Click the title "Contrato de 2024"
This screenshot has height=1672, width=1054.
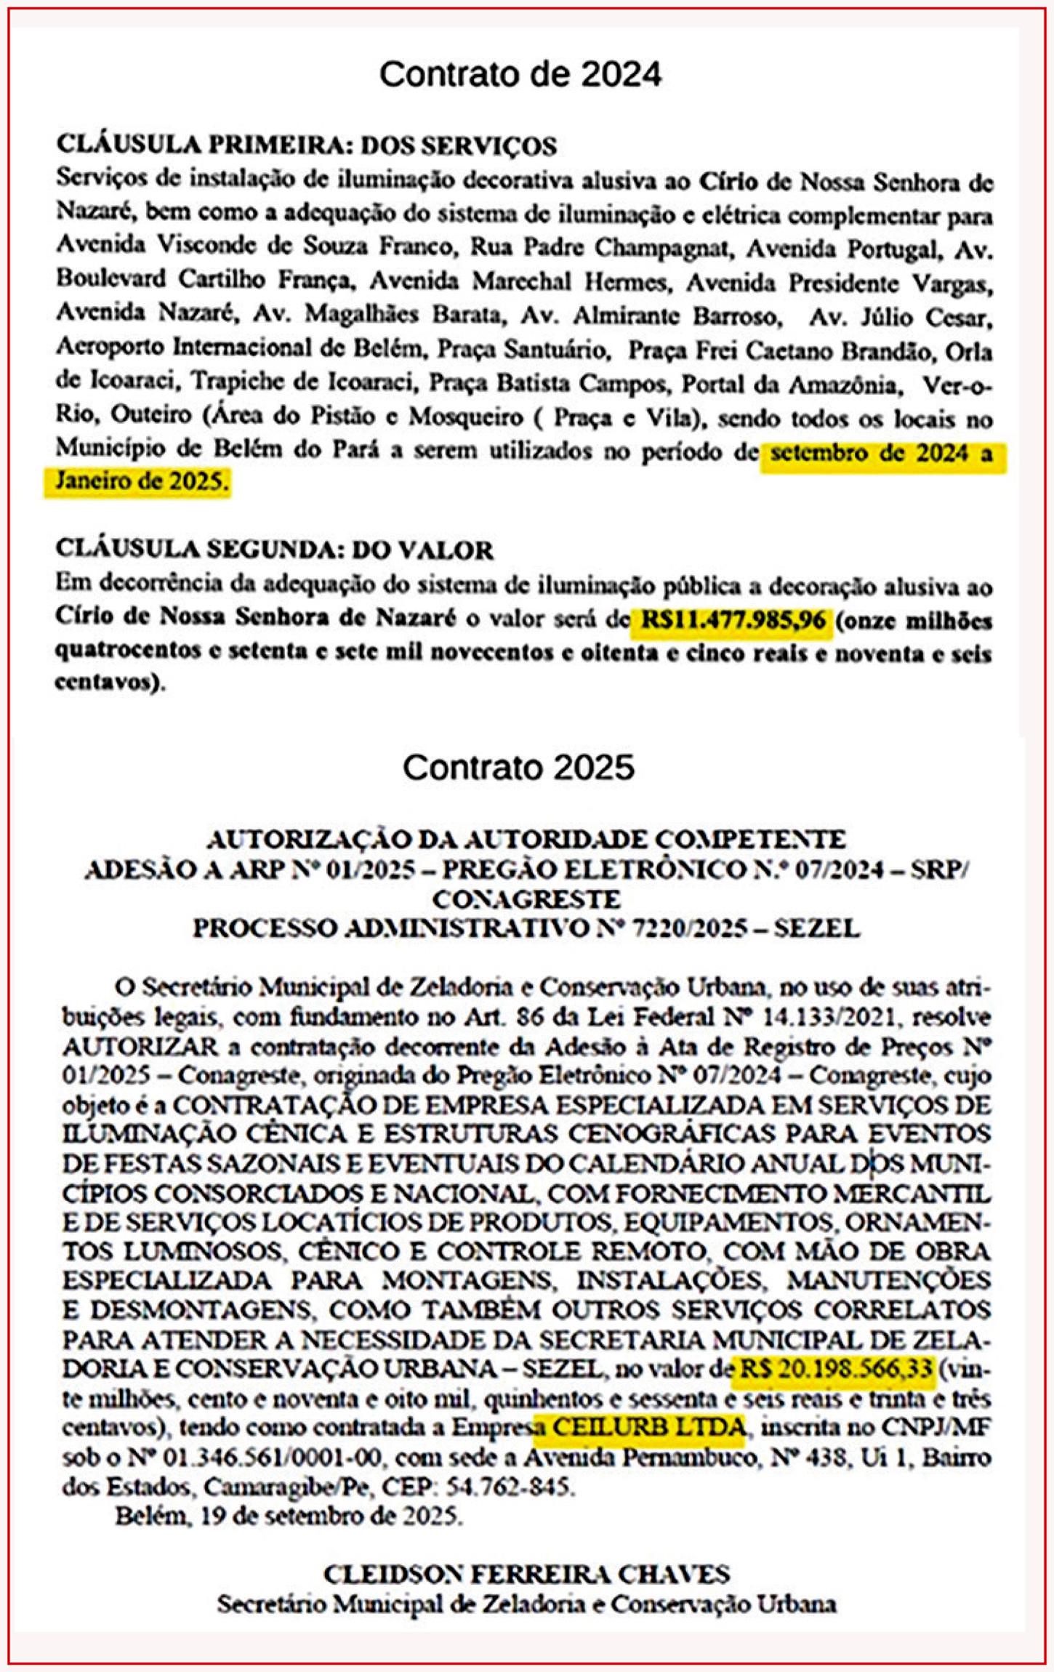(520, 74)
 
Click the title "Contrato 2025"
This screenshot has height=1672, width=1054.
(518, 767)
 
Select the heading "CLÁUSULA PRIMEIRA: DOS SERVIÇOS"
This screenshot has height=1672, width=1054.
(306, 145)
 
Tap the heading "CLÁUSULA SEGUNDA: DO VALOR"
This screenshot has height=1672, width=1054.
(274, 550)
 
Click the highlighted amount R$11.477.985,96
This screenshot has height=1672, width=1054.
(733, 620)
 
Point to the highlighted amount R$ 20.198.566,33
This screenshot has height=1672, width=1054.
(836, 1369)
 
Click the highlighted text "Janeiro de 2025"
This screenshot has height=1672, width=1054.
(138, 482)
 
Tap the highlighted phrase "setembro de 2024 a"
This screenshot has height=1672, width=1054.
(881, 454)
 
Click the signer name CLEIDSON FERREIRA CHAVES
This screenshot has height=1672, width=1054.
(526, 1574)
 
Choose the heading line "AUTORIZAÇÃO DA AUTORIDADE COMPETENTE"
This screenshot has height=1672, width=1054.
(526, 840)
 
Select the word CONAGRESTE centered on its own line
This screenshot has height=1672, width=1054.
(526, 899)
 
